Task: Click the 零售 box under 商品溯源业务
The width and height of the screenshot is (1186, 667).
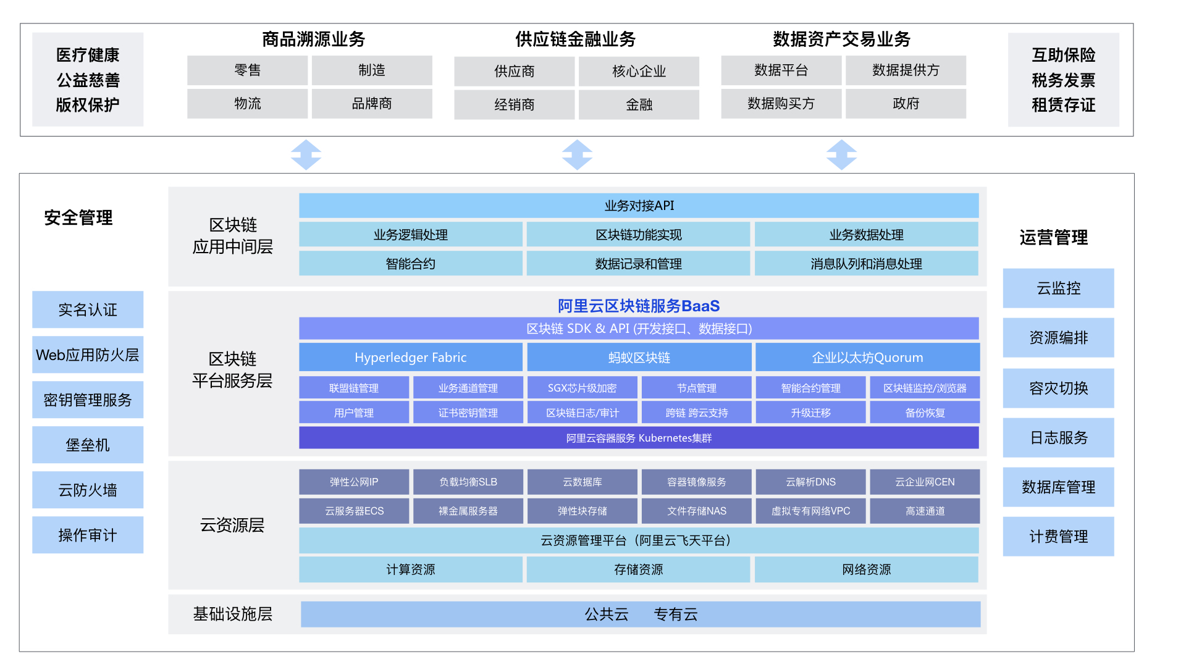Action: click(247, 70)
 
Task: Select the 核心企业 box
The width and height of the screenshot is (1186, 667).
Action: click(639, 72)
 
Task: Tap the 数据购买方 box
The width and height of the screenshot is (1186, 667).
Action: click(781, 104)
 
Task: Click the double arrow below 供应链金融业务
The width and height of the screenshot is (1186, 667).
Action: click(577, 154)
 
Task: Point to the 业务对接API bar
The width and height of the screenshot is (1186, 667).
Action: click(639, 206)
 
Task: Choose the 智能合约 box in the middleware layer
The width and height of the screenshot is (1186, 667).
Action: click(410, 264)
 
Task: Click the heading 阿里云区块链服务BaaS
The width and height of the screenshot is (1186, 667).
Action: click(639, 306)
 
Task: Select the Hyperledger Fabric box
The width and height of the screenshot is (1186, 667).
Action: click(410, 358)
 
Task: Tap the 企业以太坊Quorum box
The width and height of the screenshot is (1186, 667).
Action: click(867, 358)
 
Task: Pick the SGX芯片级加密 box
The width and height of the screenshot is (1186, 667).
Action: click(582, 388)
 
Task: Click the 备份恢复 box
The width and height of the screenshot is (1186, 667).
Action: click(925, 413)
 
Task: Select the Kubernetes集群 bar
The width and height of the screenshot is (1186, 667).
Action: click(639, 438)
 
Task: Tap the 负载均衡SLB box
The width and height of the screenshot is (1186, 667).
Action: click(468, 482)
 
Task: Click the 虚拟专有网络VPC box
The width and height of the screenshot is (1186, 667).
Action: click(810, 511)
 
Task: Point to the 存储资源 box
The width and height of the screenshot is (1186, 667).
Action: click(638, 569)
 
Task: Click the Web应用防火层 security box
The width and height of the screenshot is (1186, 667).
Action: click(88, 355)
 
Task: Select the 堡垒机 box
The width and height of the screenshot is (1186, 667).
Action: click(88, 445)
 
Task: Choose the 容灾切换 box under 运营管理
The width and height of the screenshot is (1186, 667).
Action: click(1058, 388)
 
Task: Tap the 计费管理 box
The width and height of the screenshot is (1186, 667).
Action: click(1058, 537)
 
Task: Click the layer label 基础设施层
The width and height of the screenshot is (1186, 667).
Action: click(232, 614)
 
